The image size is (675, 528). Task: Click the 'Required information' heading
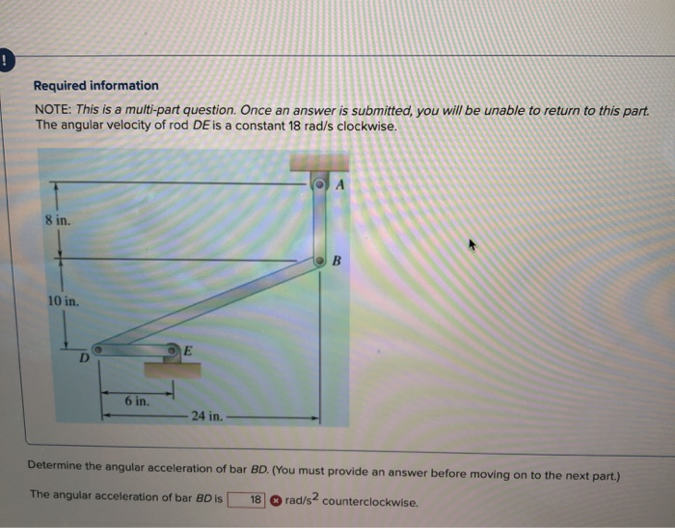tap(96, 85)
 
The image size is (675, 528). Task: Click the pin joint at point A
tap(321, 182)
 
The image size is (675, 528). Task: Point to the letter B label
tap(337, 261)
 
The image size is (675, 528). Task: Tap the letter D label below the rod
tap(84, 358)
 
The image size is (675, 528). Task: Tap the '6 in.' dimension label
tap(136, 400)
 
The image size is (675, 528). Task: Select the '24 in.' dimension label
tap(207, 416)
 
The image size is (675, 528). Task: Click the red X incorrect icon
tap(276, 500)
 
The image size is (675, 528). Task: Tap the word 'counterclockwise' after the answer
tap(371, 501)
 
